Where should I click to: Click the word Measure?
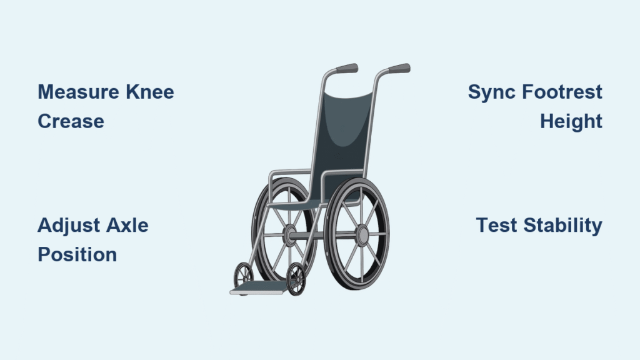(79, 92)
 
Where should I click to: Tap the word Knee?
(150, 92)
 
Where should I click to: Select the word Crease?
(71, 121)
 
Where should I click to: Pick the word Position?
(77, 254)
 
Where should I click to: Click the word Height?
(571, 122)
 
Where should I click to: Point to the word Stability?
(563, 226)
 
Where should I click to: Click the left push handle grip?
(347, 68)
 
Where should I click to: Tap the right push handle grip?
(399, 68)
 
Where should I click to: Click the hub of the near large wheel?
(362, 235)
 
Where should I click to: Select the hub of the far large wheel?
(290, 235)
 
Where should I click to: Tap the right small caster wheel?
(296, 279)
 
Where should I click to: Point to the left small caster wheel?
(243, 275)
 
